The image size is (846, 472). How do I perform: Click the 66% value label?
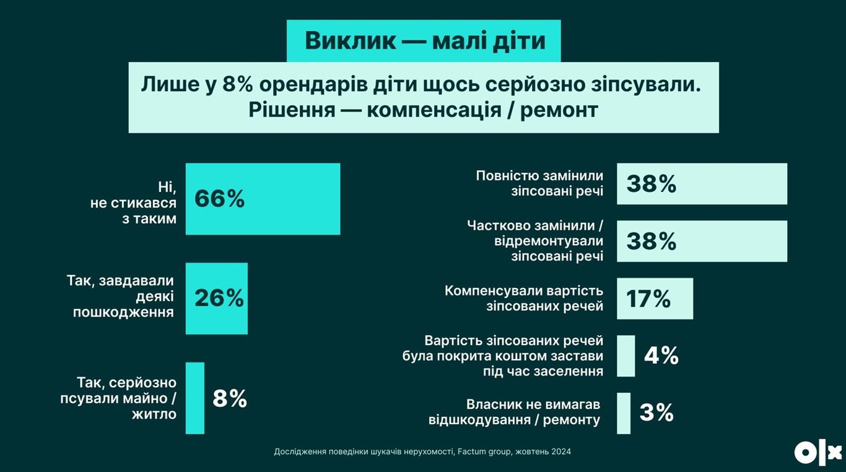pos(220,199)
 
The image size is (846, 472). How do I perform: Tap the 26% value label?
pos(219,298)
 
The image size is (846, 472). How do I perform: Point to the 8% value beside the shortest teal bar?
pos(230,398)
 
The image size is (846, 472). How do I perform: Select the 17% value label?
pos(648,299)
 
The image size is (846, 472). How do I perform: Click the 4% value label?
pos(661,356)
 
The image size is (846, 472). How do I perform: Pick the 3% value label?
pos(656,413)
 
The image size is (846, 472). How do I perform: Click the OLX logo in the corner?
pos(818,453)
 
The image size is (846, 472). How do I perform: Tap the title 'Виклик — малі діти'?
pos(425,41)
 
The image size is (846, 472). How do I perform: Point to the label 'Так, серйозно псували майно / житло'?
pos(118,398)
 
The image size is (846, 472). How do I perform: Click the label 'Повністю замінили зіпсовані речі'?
pos(539,183)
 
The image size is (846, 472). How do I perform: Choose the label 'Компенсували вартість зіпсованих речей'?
pos(524,298)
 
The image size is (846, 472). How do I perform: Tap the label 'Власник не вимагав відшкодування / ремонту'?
pos(515,412)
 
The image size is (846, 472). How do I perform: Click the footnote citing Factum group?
pos(422,452)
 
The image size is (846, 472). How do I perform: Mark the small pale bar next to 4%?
pos(626,356)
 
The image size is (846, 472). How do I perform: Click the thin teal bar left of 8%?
pos(195,398)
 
